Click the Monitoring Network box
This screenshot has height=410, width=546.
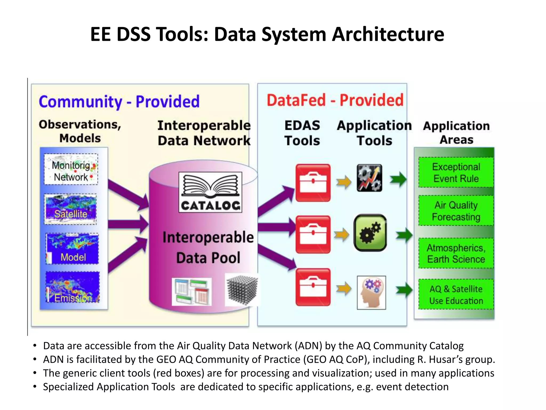pyautogui.click(x=71, y=169)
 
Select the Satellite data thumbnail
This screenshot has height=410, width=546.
pyautogui.click(x=71, y=209)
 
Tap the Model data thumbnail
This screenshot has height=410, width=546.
pyautogui.click(x=73, y=249)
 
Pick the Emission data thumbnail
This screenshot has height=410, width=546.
pyautogui.click(x=73, y=287)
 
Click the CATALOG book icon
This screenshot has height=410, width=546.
pyautogui.click(x=210, y=192)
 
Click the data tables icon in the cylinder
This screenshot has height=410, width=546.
pyautogui.click(x=192, y=291)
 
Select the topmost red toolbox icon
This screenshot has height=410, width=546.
pyautogui.click(x=313, y=183)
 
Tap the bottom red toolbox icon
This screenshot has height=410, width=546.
pyautogui.click(x=313, y=287)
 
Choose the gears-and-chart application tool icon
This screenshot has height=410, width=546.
pyautogui.click(x=370, y=178)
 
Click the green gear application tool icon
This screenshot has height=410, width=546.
pyautogui.click(x=370, y=233)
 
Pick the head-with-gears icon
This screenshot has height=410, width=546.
pyautogui.click(x=371, y=293)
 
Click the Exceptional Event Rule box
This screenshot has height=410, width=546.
pyautogui.click(x=456, y=172)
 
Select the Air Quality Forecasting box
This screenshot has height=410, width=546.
pyautogui.click(x=456, y=211)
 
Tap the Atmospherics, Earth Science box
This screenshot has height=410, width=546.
pyautogui.click(x=456, y=253)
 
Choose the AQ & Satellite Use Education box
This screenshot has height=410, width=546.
pyautogui.click(x=456, y=294)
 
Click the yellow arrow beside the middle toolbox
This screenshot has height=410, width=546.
pyautogui.click(x=343, y=235)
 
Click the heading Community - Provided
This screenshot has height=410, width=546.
pyautogui.click(x=119, y=102)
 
